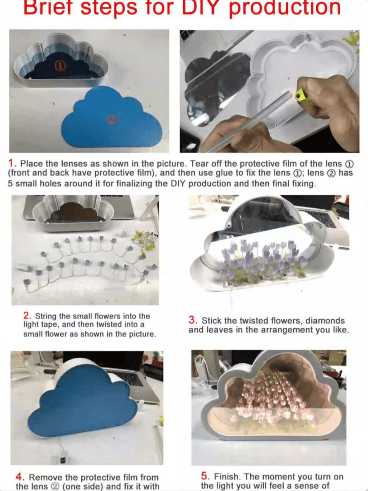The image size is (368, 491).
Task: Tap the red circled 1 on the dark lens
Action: tap(60, 66)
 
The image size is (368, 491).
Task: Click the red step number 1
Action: tap(11, 163)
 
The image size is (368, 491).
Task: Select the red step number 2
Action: tap(26, 315)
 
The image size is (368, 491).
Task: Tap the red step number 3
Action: tap(192, 320)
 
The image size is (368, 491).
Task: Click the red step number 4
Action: tap(19, 477)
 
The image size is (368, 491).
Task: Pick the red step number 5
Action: tap(204, 476)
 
